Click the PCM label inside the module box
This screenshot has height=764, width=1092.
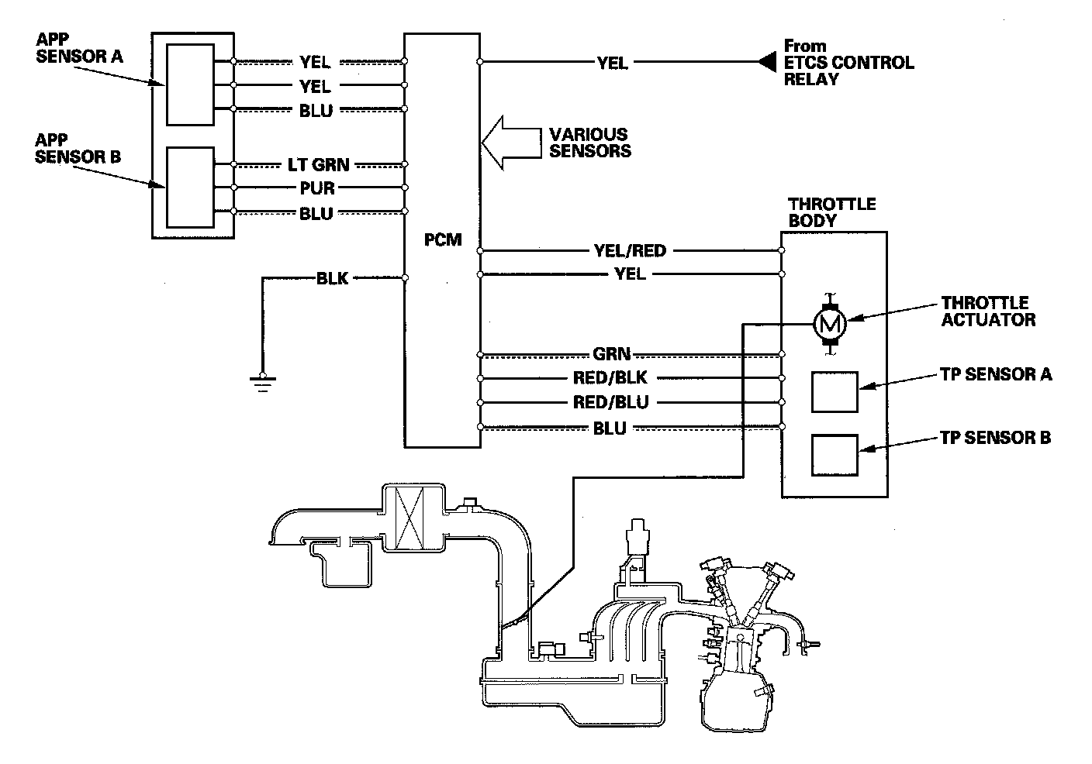coord(443,239)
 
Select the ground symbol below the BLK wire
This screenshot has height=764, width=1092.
coord(263,382)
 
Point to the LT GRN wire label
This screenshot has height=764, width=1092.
coord(320,164)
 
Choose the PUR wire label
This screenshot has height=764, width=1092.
coord(316,188)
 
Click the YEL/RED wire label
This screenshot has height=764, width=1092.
coord(629,250)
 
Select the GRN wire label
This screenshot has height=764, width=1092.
coord(611,354)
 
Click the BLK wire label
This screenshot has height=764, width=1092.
coord(333,278)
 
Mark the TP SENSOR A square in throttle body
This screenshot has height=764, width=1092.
coord(835,391)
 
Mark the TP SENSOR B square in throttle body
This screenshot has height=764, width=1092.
coord(835,455)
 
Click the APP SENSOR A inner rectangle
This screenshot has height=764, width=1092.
coord(190,84)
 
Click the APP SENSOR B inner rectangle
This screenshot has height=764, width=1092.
coord(190,188)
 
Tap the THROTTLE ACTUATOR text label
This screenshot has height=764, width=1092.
coord(987,311)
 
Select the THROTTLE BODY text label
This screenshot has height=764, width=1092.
coord(831,212)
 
